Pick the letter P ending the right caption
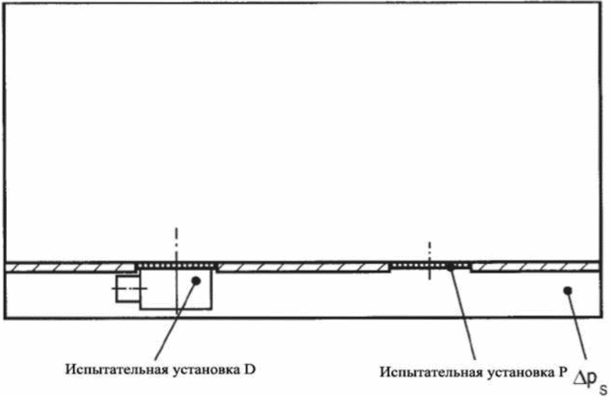coord(562,372)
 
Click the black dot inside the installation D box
coord(197,280)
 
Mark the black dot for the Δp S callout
coord(567,289)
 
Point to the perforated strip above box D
coord(176,266)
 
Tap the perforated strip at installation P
coord(430,266)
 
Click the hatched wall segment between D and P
coord(303,267)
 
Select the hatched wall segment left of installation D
coord(69,267)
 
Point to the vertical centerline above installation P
coord(430,250)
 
